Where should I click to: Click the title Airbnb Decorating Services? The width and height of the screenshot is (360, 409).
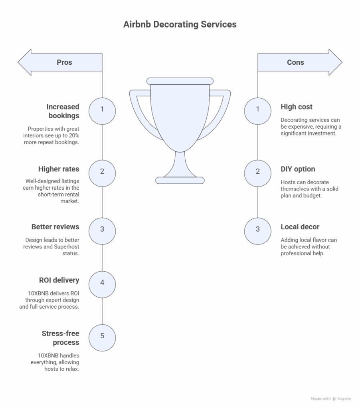(180, 24)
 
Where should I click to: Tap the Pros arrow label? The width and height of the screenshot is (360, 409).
(64, 62)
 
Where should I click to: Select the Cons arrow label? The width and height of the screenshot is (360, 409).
(295, 62)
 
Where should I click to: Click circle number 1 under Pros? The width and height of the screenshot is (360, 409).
(102, 111)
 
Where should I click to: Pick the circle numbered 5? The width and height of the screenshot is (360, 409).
(102, 338)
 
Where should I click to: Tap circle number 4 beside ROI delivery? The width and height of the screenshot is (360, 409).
(102, 284)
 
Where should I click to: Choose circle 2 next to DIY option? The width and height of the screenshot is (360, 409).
(257, 173)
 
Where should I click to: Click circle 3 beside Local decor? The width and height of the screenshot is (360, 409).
(257, 231)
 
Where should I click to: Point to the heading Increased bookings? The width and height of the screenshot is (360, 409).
(63, 111)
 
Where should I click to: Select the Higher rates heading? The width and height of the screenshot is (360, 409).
(59, 169)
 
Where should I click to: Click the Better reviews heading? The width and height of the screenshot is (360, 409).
(55, 227)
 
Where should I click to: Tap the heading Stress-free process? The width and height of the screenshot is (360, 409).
(61, 338)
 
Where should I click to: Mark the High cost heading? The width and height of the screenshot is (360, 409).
(297, 107)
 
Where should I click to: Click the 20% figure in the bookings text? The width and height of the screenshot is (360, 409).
(74, 136)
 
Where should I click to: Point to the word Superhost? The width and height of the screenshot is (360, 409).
(67, 247)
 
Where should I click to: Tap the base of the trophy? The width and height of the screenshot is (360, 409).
(180, 180)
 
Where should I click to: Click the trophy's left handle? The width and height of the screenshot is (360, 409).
(143, 114)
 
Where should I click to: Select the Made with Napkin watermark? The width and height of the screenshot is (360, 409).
(331, 399)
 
